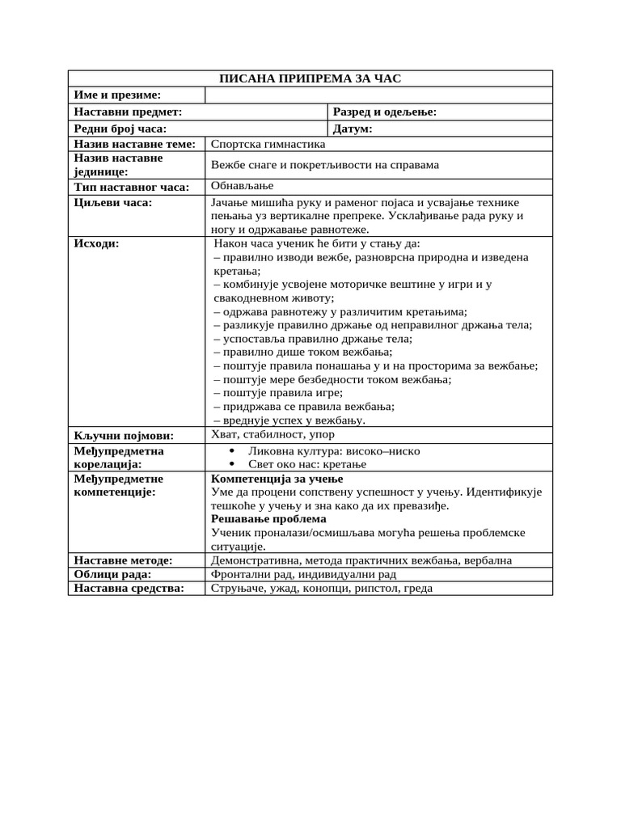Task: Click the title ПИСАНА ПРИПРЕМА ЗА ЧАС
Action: (x=310, y=78)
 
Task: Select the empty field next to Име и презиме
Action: (x=378, y=95)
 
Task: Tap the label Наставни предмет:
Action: (x=128, y=112)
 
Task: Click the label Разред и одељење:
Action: (x=385, y=112)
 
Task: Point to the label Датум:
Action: (x=353, y=129)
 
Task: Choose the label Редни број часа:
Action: (x=120, y=129)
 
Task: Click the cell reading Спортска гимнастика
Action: (x=268, y=144)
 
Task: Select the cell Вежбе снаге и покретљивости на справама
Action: (x=325, y=165)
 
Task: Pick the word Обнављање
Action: (x=243, y=186)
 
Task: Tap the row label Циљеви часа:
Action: (x=112, y=203)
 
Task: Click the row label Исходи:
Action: (x=96, y=243)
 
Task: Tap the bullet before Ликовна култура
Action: (x=231, y=450)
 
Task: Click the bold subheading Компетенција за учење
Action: (x=268, y=479)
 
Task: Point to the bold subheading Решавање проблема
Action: (x=268, y=519)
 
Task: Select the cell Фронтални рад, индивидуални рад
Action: (x=303, y=574)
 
